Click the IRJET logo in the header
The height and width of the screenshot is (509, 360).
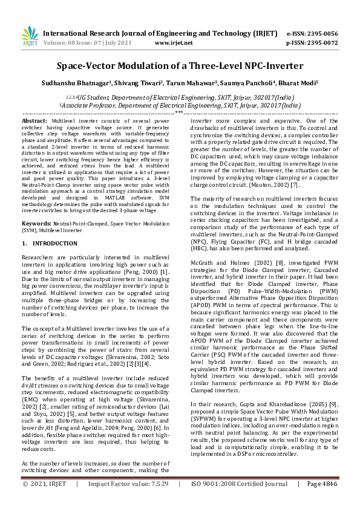click(x=25, y=37)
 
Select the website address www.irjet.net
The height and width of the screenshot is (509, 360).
click(x=174, y=43)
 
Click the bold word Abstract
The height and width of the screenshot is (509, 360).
click(x=34, y=122)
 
